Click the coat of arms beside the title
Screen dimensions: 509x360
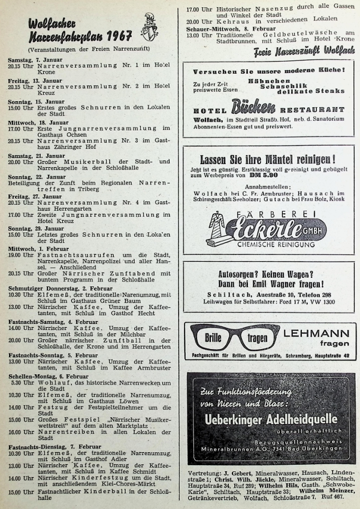(x=150, y=27)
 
